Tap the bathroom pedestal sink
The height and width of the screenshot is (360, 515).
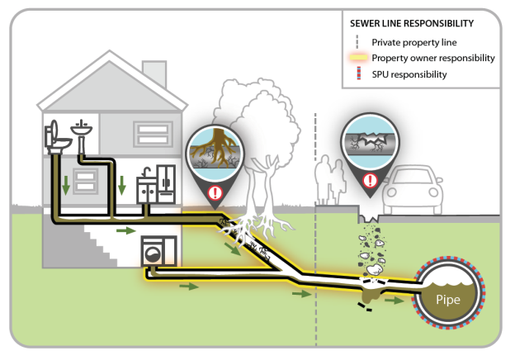tap(82, 131)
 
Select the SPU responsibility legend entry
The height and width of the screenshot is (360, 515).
tap(409, 74)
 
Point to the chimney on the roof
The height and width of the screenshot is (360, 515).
tap(155, 73)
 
